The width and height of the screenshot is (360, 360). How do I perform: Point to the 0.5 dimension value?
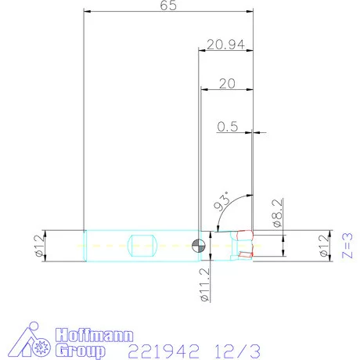[x=229, y=125]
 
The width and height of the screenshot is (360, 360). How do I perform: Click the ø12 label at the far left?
[x=37, y=246]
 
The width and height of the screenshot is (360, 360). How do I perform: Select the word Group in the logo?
[x=80, y=351]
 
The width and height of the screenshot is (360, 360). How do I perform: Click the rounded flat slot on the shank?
[x=143, y=245]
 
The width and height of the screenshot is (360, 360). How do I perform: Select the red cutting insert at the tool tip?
[x=246, y=235]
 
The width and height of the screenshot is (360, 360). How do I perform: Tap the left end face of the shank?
[x=83, y=245]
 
